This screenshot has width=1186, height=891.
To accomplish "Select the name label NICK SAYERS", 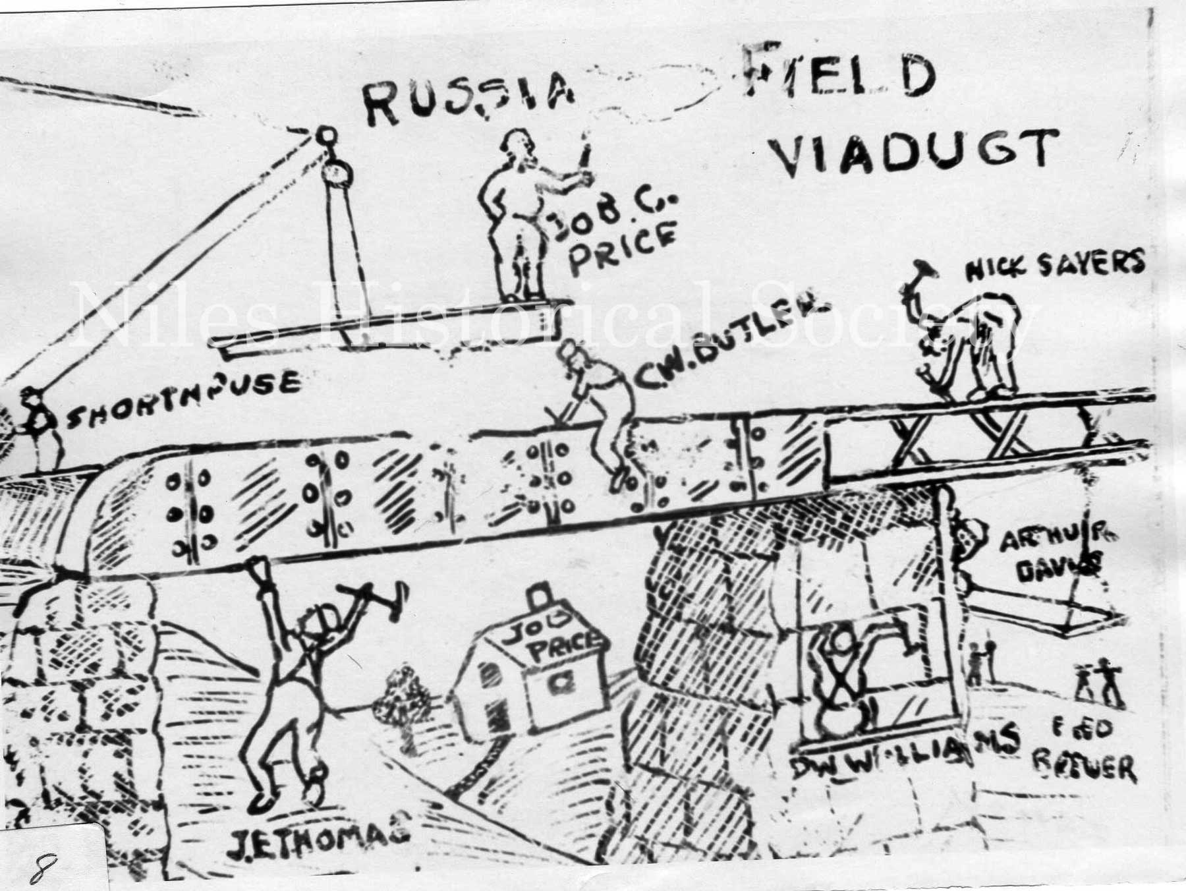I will coord(1054,264).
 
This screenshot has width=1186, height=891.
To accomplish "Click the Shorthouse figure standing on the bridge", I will coord(38,428).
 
